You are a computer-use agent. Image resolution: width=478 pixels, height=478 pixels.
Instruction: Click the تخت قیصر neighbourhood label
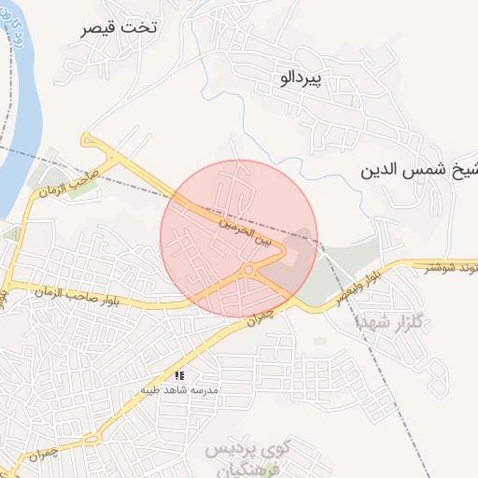tap(119, 28)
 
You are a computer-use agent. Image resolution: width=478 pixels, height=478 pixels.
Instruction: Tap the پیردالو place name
tap(301, 79)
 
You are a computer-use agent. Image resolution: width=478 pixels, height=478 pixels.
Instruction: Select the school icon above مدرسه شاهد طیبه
tap(179, 375)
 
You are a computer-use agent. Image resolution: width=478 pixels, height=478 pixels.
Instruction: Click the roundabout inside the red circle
tap(247, 271)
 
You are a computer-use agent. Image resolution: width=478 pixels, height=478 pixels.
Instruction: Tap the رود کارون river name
tap(20, 38)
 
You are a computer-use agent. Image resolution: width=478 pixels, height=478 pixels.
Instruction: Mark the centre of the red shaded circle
tap(239, 239)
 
